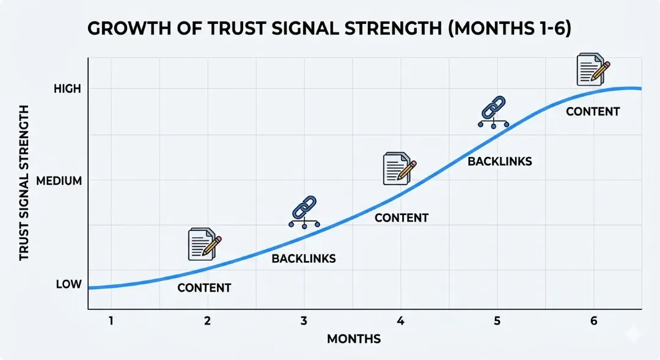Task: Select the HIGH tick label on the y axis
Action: [67, 89]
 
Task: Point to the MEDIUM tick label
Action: [59, 181]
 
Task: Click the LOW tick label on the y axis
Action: [68, 284]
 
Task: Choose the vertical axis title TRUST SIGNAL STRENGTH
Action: [24, 183]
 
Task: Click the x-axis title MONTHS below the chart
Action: [354, 339]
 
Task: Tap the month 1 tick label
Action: [111, 321]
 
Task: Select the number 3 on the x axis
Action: [304, 321]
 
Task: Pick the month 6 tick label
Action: [593, 321]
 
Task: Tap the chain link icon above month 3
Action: [304, 212]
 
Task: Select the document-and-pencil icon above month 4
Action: [400, 169]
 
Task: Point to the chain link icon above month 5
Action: [493, 112]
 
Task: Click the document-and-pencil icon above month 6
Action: [593, 69]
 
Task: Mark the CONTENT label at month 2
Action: [204, 288]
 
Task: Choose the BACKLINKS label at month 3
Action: [304, 259]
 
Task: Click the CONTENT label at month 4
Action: [402, 218]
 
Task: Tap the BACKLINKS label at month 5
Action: [500, 162]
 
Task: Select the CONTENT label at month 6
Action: [593, 112]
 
